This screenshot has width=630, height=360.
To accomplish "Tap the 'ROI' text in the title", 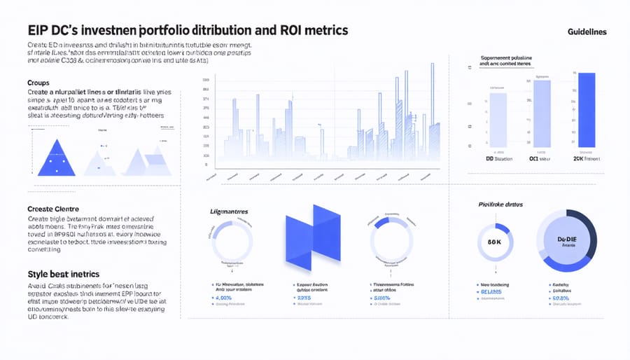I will pyautogui.click(x=294, y=31).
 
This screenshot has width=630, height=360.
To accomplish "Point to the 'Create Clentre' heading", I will pyautogui.click(x=53, y=209).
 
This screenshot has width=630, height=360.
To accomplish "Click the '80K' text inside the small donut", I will pyautogui.click(x=494, y=242).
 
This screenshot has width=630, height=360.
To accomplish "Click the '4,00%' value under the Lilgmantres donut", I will pyautogui.click(x=224, y=298).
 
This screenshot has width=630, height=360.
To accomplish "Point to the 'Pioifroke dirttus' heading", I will pyautogui.click(x=502, y=205).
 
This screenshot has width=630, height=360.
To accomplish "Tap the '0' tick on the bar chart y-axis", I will pyautogui.click(x=206, y=165).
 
